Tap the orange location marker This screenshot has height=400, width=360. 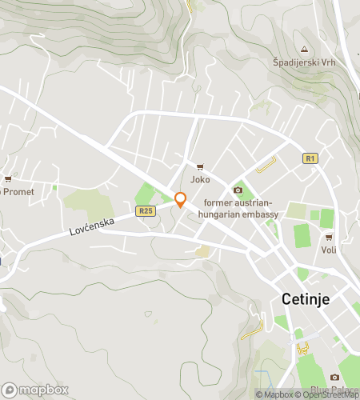click(x=181, y=200)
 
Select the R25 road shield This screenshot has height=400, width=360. click(x=145, y=211)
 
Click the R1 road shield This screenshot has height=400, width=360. click(x=311, y=158)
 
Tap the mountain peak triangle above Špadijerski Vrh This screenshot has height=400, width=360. click(x=303, y=48)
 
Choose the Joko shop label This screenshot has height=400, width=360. click(x=200, y=180)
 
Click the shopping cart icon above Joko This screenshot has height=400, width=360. click(x=200, y=166)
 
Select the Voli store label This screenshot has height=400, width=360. click(x=329, y=250)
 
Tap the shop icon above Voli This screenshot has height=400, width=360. click(x=329, y=237)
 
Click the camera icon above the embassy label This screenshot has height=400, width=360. click(x=238, y=190)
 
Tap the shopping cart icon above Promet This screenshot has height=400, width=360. click(x=8, y=178)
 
